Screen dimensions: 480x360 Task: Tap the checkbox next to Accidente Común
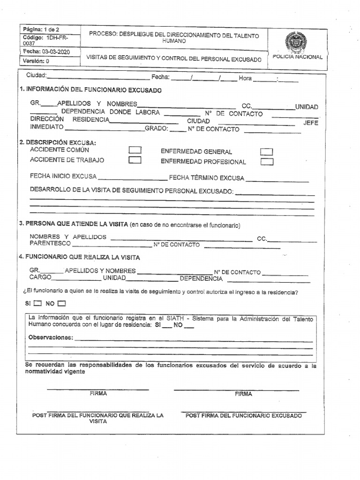135,150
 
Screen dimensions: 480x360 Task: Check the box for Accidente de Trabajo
135,160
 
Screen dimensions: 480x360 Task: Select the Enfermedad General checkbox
267,152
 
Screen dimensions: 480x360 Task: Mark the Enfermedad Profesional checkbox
267,162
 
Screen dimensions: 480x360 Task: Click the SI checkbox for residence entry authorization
38,303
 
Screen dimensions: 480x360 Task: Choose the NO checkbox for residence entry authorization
62,303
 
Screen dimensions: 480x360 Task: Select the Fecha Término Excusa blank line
277,180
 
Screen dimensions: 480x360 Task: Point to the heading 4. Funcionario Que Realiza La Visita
79,257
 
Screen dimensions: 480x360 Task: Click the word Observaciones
51,337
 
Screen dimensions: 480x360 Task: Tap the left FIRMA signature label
98,394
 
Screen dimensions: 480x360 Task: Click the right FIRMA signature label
243,394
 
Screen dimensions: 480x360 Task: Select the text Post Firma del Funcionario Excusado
244,416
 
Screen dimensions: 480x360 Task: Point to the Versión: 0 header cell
36,61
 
